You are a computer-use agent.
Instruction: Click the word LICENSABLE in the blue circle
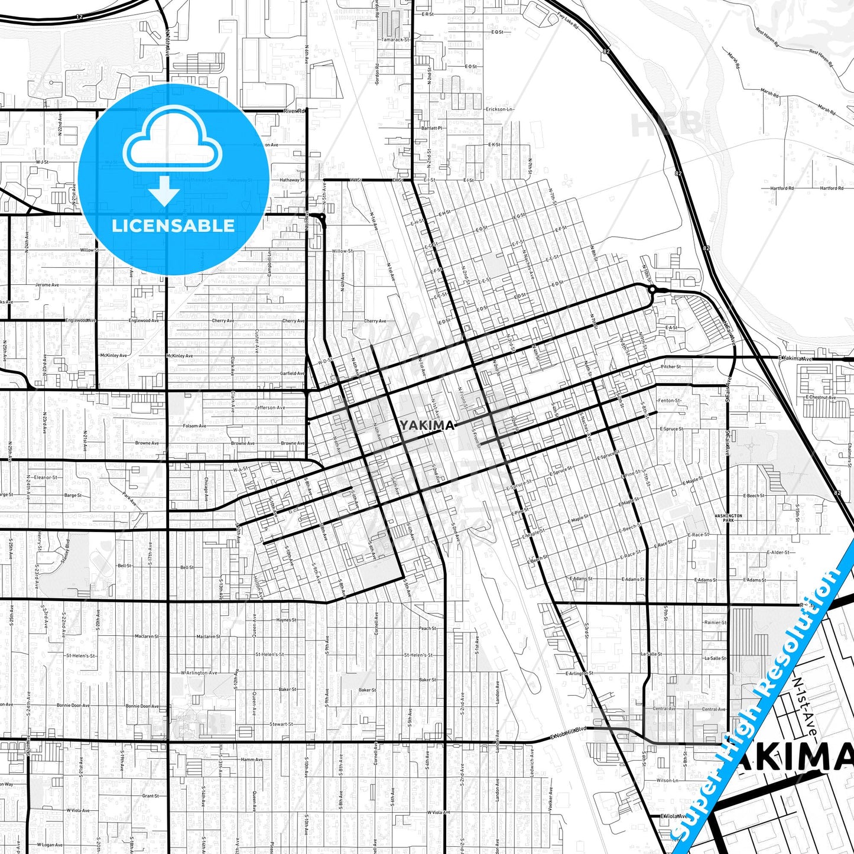(x=173, y=226)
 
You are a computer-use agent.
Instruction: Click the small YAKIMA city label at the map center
(x=427, y=426)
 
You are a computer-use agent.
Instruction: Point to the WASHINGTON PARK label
(x=728, y=518)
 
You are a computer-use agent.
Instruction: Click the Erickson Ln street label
(x=500, y=109)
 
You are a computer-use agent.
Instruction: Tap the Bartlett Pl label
(x=431, y=128)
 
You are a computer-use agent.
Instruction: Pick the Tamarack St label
(x=395, y=40)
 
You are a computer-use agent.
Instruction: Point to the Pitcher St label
(x=671, y=366)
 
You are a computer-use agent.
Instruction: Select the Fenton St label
(x=670, y=401)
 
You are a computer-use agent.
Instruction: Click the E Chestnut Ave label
(x=820, y=397)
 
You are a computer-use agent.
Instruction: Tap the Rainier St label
(x=715, y=622)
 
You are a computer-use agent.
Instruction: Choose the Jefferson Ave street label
(x=269, y=408)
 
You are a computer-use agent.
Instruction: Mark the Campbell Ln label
(x=269, y=264)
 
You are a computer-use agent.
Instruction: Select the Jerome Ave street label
(x=47, y=285)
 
